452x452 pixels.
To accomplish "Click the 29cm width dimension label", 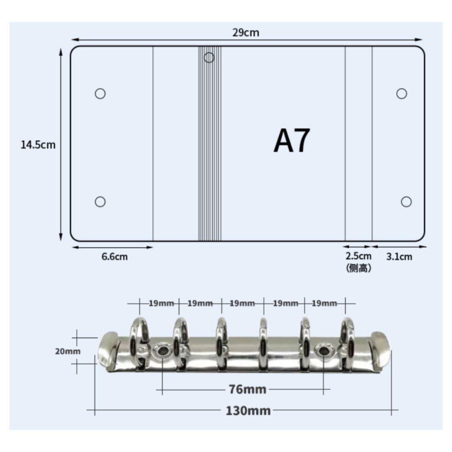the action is click(x=246, y=33).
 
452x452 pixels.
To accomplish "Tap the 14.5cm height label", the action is click(x=38, y=145).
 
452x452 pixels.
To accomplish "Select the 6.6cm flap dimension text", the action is click(x=114, y=257).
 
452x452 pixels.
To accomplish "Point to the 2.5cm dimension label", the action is click(x=358, y=256).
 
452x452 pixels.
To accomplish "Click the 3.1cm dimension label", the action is click(x=399, y=257).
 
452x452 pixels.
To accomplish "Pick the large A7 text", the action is click(x=292, y=141).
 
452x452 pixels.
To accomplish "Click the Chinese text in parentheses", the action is click(x=358, y=268).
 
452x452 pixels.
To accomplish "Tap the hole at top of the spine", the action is click(x=209, y=58).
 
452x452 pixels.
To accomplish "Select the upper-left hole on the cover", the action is click(x=100, y=94).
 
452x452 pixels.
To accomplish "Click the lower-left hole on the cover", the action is click(x=100, y=202).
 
